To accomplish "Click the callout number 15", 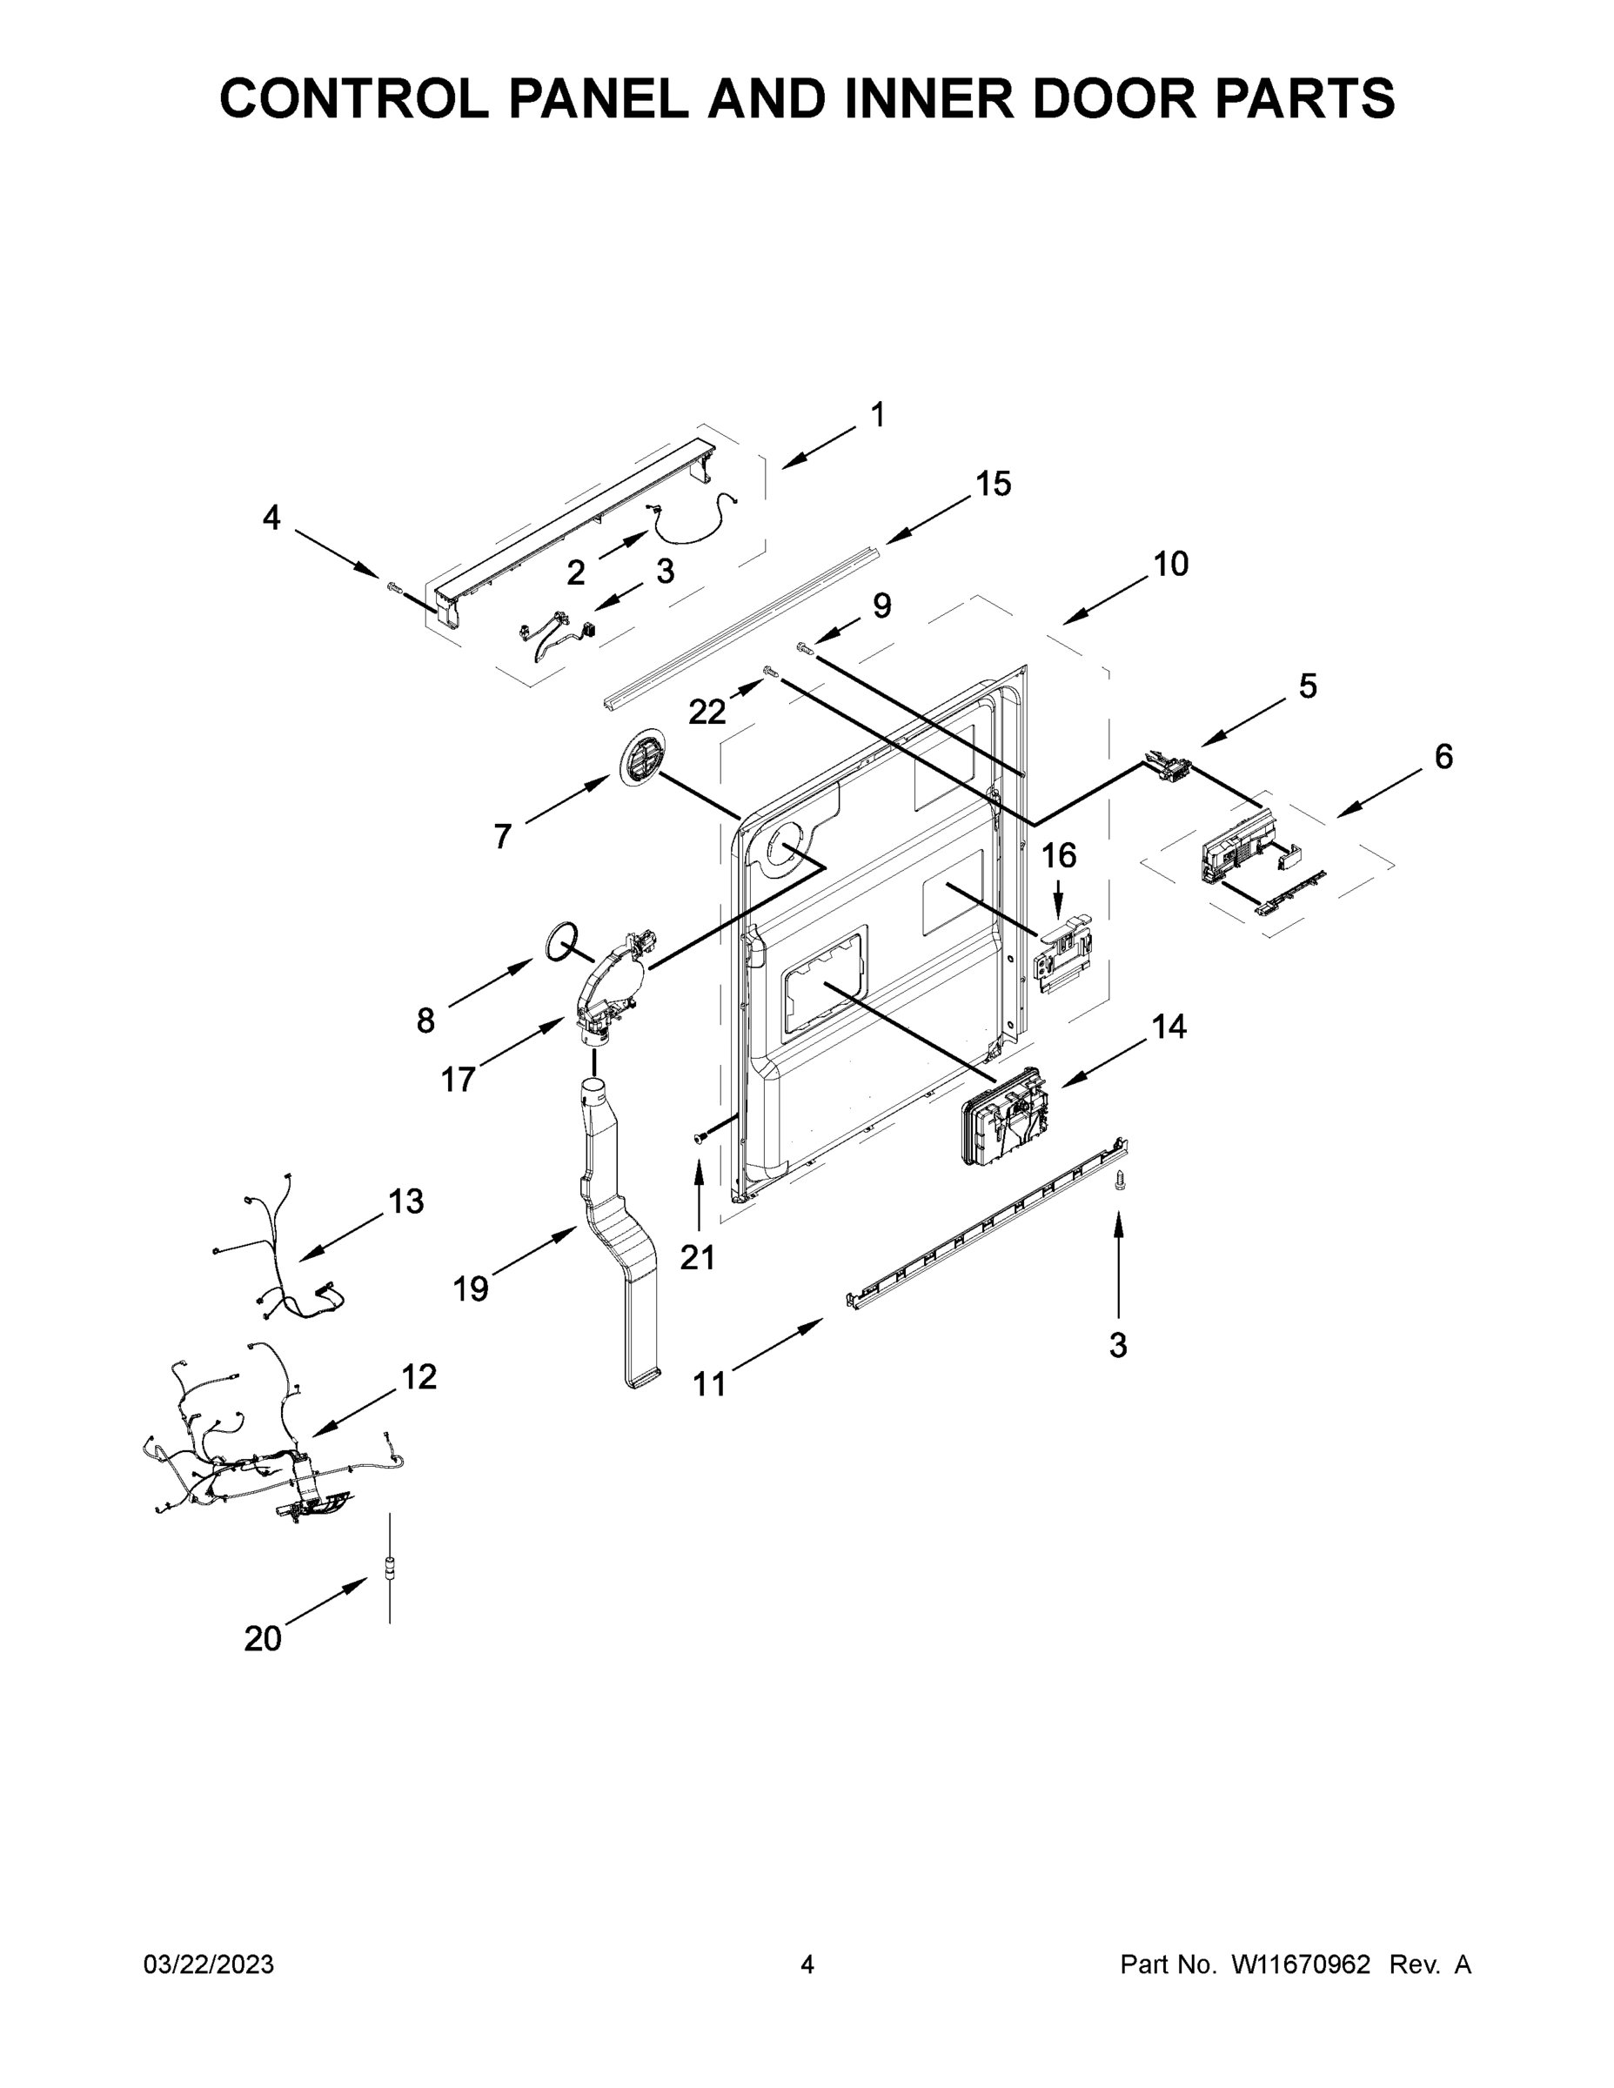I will tap(993, 484).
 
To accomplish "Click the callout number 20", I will tap(263, 1639).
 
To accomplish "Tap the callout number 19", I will tap(471, 1288).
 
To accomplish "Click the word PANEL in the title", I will tap(598, 97).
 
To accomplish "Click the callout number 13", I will tap(406, 1201).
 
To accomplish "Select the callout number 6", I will tap(1443, 756).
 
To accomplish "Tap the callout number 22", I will tap(707, 712).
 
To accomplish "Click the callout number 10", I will tap(1170, 564).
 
